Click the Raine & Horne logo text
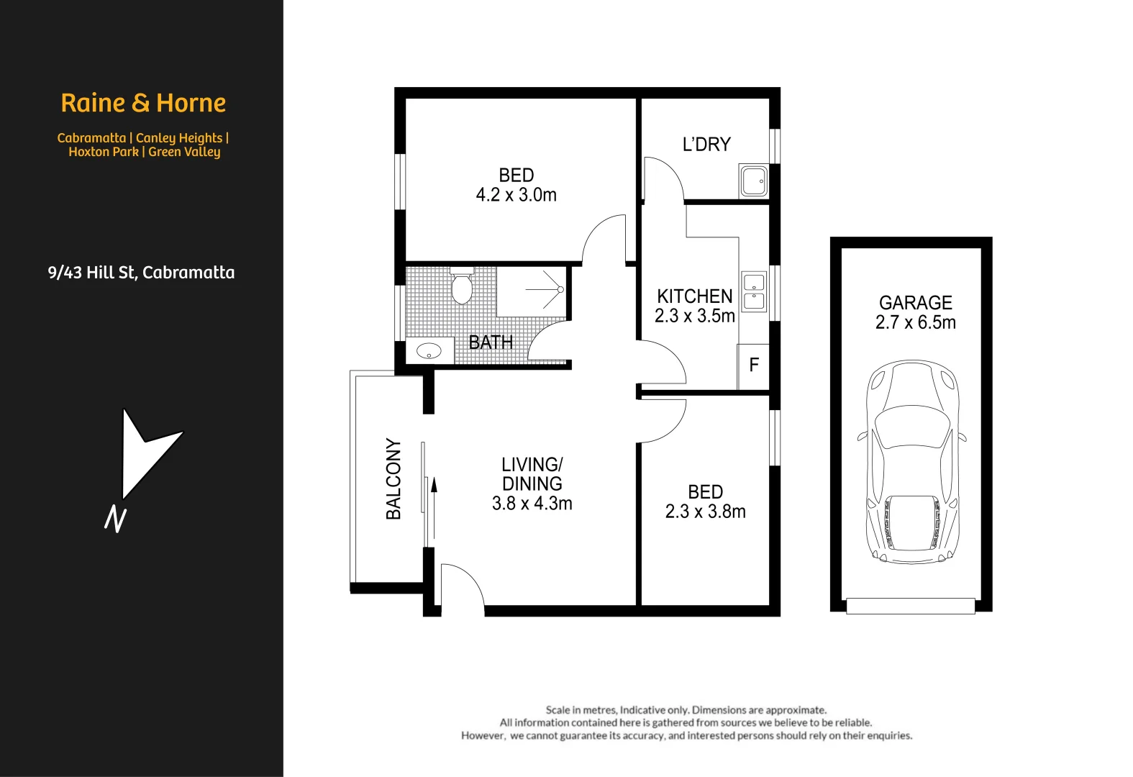tap(143, 103)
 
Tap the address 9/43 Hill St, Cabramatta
tap(141, 273)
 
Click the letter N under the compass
tap(116, 519)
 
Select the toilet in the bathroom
tap(461, 288)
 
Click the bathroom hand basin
tap(429, 351)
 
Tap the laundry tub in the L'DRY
tap(753, 181)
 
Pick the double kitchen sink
tap(754, 291)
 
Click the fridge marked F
tap(754, 365)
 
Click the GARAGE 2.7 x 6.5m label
tap(915, 312)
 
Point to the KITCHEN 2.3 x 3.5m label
tap(694, 306)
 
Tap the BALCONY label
tap(393, 478)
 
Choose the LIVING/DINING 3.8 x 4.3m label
tap(532, 483)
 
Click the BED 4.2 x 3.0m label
tap(516, 185)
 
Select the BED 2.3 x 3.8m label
tap(705, 501)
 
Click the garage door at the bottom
tap(910, 606)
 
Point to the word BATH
tap(491, 342)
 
